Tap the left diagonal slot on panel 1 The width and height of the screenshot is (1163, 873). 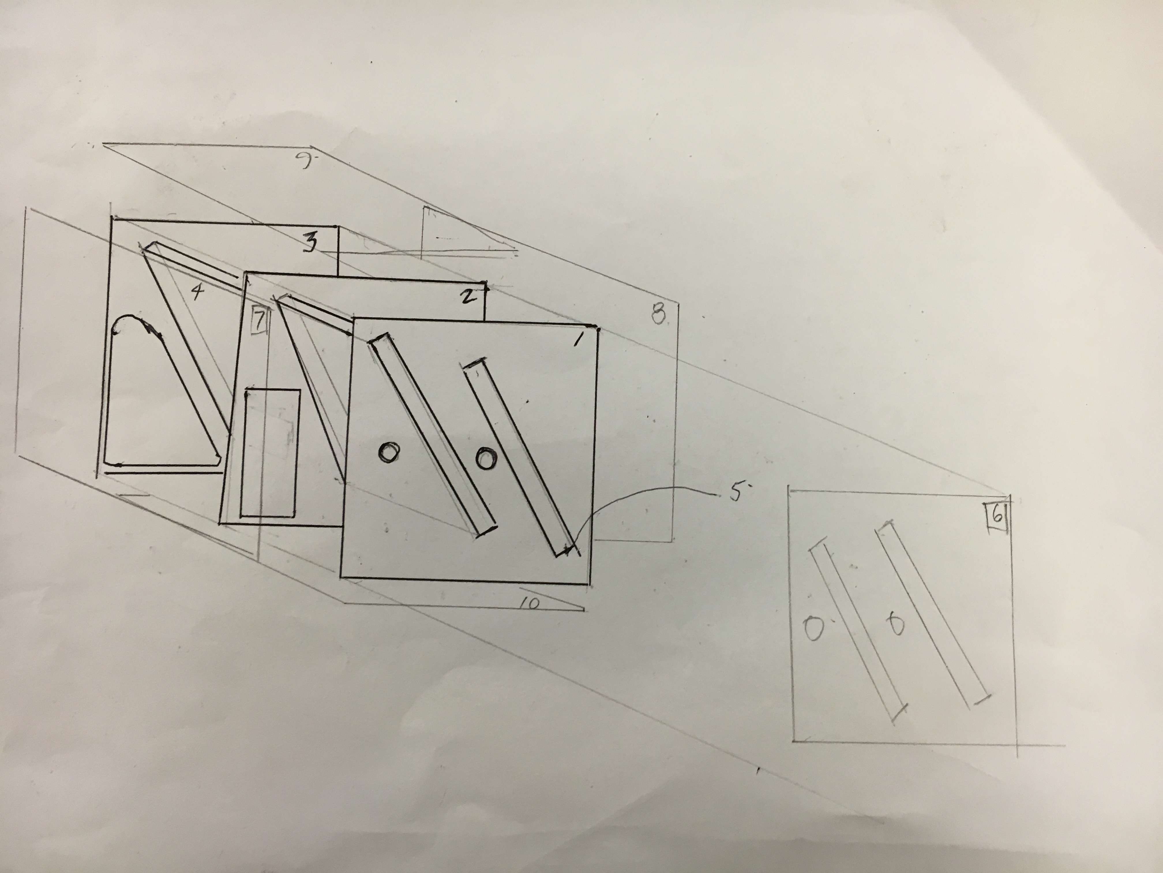[x=432, y=435]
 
